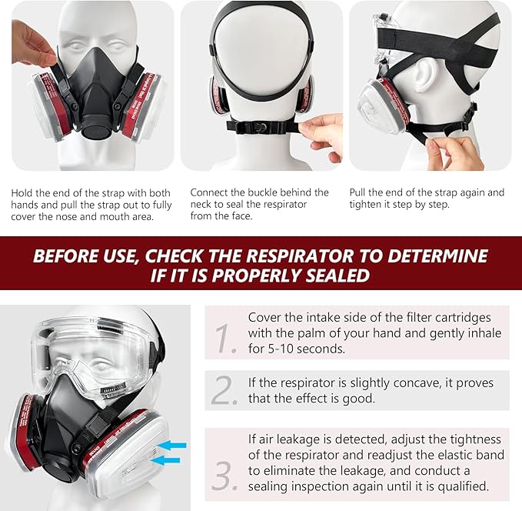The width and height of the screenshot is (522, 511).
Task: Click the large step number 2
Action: (225, 390)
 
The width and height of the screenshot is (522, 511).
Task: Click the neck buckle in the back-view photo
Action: (262, 125)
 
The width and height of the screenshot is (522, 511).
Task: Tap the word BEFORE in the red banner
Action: (66, 255)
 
